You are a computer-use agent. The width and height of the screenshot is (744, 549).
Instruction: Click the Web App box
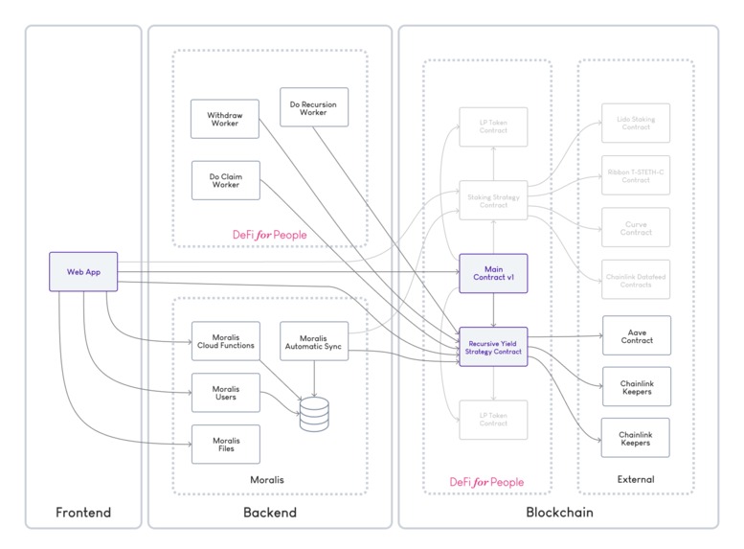click(x=83, y=271)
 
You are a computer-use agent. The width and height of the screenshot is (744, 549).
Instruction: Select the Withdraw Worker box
click(x=225, y=119)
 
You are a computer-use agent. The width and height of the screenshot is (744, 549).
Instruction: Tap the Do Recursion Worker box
click(x=314, y=106)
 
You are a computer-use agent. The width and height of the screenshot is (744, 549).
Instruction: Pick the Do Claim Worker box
click(x=225, y=180)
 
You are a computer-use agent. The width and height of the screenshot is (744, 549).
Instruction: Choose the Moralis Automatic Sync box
click(x=314, y=341)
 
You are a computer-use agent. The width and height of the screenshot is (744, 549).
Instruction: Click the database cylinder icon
click(x=314, y=414)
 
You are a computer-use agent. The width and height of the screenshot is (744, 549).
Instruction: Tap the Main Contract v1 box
click(x=493, y=272)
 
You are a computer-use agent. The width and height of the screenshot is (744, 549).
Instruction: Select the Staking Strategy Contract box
click(x=493, y=199)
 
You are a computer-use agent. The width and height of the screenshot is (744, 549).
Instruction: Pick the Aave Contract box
click(x=635, y=335)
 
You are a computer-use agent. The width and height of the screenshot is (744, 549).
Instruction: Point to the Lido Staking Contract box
click(x=635, y=123)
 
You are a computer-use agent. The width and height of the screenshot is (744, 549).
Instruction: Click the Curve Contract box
click(x=635, y=227)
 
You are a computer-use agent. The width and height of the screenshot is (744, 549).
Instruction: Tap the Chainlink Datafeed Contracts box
click(x=635, y=279)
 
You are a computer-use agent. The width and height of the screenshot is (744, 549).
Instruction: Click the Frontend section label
click(x=83, y=513)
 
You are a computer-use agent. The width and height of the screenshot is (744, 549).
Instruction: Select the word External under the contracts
click(x=635, y=478)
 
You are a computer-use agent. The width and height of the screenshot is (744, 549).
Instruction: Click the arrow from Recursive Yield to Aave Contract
click(x=564, y=336)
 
